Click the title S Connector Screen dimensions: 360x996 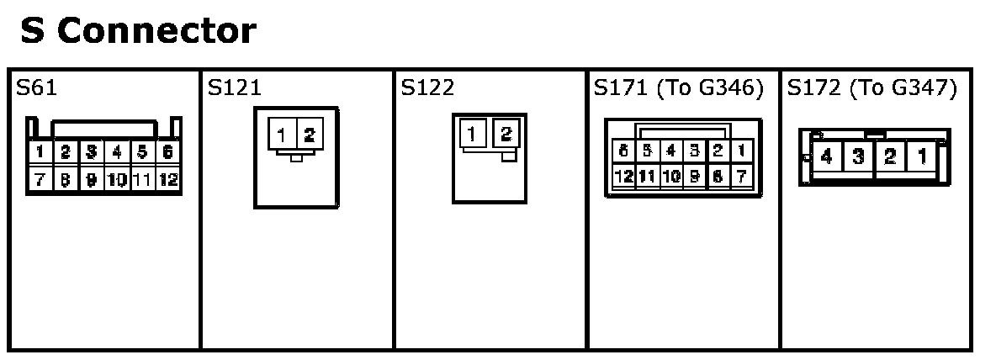[x=137, y=32]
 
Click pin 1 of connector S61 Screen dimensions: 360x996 [x=39, y=153]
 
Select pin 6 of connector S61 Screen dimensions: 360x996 [x=168, y=153]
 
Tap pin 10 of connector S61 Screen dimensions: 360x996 [x=116, y=179]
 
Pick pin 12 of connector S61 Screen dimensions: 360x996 [x=168, y=179]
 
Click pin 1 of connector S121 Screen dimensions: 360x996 [x=282, y=135]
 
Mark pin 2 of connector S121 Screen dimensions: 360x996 [x=308, y=135]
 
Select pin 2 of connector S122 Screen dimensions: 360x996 [x=506, y=133]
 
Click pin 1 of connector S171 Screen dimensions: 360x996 [x=741, y=152]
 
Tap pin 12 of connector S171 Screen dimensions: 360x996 [x=624, y=177]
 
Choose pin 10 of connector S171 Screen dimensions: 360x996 [x=670, y=177]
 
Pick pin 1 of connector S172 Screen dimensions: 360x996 [x=922, y=157]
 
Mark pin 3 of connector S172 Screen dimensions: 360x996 [x=858, y=157]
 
